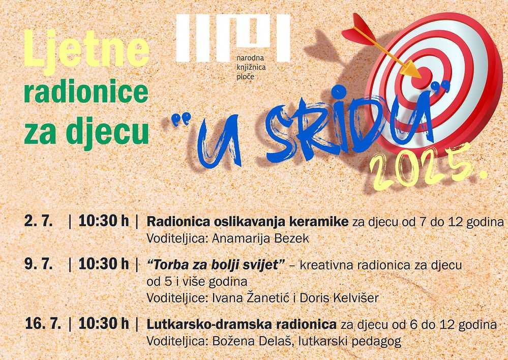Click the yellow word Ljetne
[86, 51]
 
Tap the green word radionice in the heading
[86, 92]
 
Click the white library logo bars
[233, 38]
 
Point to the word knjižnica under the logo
[251, 68]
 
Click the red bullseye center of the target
[422, 78]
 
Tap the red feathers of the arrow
[358, 31]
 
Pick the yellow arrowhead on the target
[411, 69]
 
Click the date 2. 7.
[38, 221]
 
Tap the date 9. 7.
[38, 264]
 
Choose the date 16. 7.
[43, 323]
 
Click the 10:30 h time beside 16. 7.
[104, 323]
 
